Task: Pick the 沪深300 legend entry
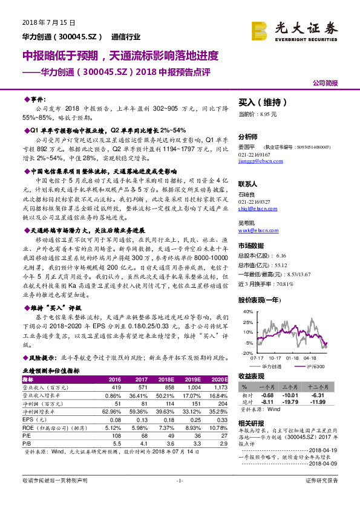point(313,366)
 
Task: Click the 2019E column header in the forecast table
point(192,378)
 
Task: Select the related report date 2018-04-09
point(326,463)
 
